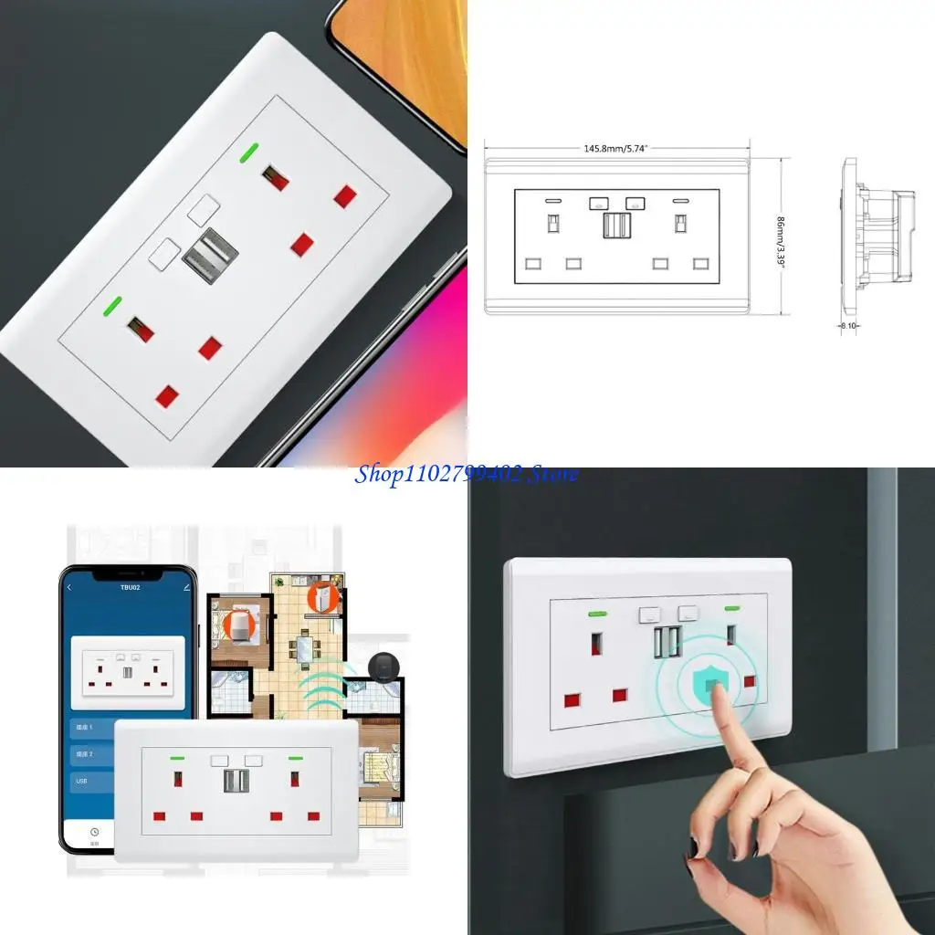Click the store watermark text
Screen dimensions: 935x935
point(467,474)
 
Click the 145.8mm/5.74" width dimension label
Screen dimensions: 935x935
point(616,148)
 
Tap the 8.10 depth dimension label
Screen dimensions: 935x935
point(848,323)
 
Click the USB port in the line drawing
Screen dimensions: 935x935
point(616,224)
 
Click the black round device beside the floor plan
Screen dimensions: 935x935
point(381,668)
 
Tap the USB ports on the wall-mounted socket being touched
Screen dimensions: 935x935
point(666,642)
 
